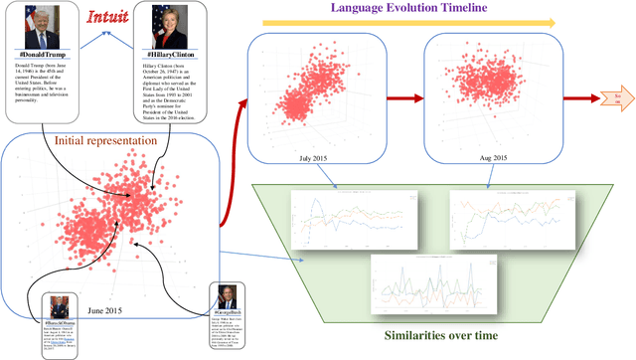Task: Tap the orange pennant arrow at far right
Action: click(x=609, y=97)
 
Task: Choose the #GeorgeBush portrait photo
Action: click(x=231, y=298)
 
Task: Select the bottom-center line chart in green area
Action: click(x=428, y=285)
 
